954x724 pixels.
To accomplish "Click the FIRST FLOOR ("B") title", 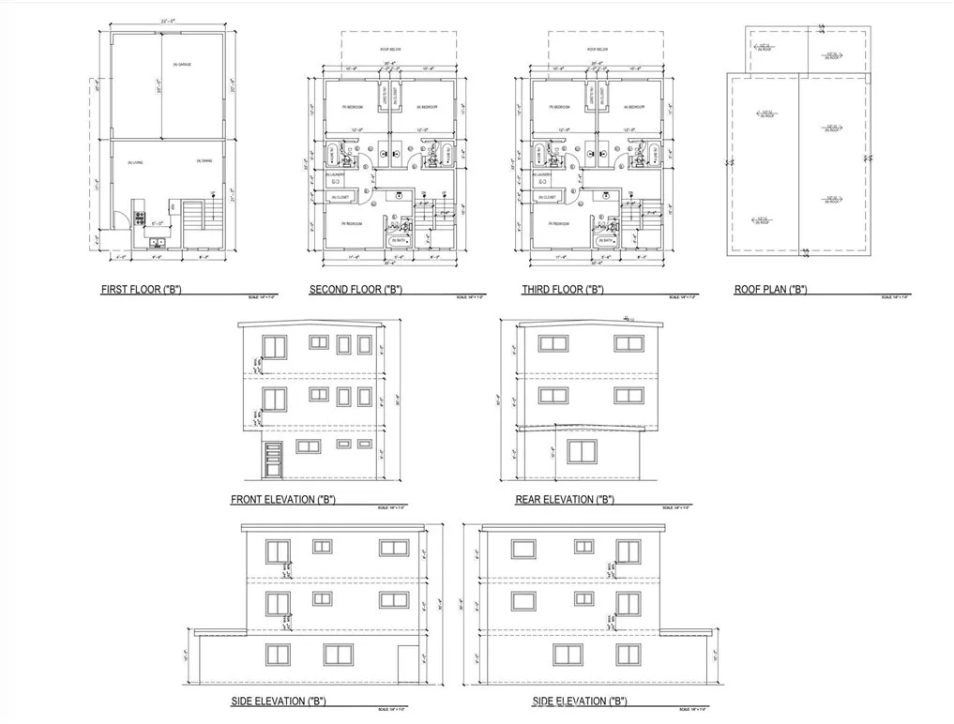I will [x=141, y=291].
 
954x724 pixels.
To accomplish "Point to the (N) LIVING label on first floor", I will [x=136, y=162].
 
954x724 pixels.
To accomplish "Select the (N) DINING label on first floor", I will [x=204, y=161].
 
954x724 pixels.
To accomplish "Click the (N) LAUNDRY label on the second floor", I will [x=334, y=175].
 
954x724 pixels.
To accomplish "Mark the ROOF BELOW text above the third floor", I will [x=597, y=48].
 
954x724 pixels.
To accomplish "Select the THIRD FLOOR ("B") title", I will [x=562, y=291].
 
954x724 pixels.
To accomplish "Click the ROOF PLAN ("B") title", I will [x=770, y=291].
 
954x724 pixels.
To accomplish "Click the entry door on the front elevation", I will [x=273, y=459].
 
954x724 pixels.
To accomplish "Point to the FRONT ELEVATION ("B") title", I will [x=282, y=500].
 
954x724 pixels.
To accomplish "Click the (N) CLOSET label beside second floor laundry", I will [x=339, y=197].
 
